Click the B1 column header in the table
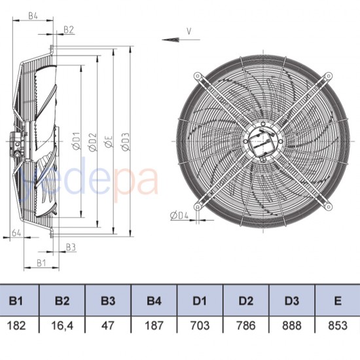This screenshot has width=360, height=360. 16,301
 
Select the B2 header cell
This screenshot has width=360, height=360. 62,301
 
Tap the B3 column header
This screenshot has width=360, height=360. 108,301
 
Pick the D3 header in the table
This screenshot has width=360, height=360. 292,301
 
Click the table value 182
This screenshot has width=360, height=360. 16,325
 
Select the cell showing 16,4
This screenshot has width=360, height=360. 62,325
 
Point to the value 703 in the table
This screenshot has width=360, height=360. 200,325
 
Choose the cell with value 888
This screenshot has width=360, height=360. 292,325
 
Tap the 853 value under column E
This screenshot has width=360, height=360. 337,325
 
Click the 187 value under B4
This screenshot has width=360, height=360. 154,325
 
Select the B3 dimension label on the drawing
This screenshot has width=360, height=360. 71,247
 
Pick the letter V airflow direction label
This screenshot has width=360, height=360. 189,30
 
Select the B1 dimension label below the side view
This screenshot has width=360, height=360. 41,262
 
